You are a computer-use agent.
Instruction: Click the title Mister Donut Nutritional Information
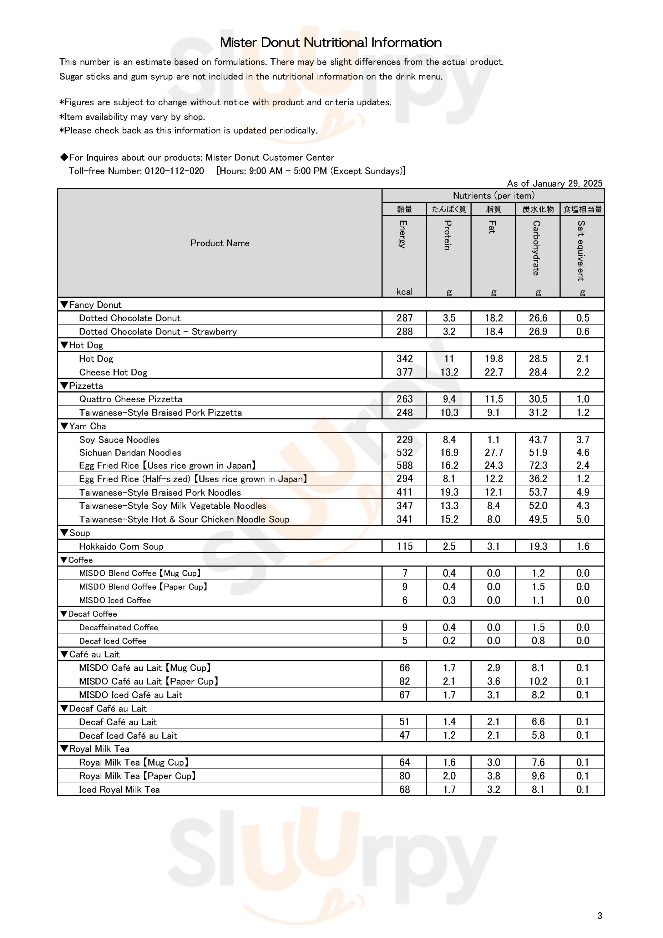(331, 42)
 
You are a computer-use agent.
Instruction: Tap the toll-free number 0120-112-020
(174, 171)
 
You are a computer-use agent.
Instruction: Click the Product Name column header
(220, 243)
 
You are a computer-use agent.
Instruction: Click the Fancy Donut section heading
(91, 305)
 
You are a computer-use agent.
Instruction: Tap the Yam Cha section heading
(83, 426)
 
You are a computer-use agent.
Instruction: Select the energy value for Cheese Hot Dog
(404, 372)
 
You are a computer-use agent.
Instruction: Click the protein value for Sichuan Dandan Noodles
(449, 453)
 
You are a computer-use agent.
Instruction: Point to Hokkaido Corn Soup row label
(121, 546)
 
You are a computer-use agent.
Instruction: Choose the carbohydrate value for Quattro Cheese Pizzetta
(538, 399)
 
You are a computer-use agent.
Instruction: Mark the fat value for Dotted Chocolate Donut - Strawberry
(494, 332)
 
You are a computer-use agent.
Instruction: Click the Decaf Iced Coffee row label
(112, 641)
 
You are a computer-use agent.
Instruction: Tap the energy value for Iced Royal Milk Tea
(404, 790)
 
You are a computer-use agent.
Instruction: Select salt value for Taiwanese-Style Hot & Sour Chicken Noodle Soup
(582, 519)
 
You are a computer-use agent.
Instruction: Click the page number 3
(599, 916)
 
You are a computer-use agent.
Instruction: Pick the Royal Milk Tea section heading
(95, 749)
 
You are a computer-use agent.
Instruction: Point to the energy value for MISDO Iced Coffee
(404, 600)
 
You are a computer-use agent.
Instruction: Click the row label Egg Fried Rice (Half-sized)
(193, 479)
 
